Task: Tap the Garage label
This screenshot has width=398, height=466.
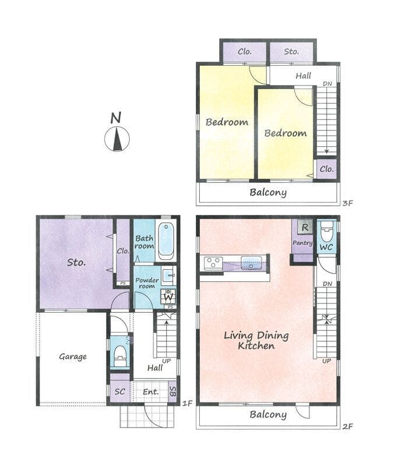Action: pyautogui.click(x=73, y=356)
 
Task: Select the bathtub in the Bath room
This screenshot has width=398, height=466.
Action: pyautogui.click(x=166, y=241)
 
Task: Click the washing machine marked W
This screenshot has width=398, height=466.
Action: pyautogui.click(x=168, y=296)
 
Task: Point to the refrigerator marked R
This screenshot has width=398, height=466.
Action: pyautogui.click(x=305, y=228)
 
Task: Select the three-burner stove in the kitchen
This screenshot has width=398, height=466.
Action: pyautogui.click(x=213, y=263)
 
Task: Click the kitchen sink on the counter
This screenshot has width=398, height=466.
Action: pyautogui.click(x=252, y=263)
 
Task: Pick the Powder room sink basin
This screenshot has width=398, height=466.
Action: pyautogui.click(x=169, y=273)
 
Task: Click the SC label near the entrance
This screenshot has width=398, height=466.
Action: pyautogui.click(x=120, y=391)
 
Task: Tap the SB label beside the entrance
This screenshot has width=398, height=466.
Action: pyautogui.click(x=172, y=391)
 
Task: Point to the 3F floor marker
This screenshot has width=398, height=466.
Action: pyautogui.click(x=347, y=203)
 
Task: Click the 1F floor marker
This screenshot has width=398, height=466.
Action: pyautogui.click(x=187, y=403)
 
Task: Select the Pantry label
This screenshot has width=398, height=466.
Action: pyautogui.click(x=302, y=243)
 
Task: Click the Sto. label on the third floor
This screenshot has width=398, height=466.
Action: pyautogui.click(x=291, y=52)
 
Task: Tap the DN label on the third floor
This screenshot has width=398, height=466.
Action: pyautogui.click(x=327, y=84)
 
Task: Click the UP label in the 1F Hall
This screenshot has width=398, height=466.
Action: pyautogui.click(x=167, y=361)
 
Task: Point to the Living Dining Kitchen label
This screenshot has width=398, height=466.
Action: pyautogui.click(x=256, y=341)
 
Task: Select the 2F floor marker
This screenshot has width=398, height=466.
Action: pyautogui.click(x=347, y=426)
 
